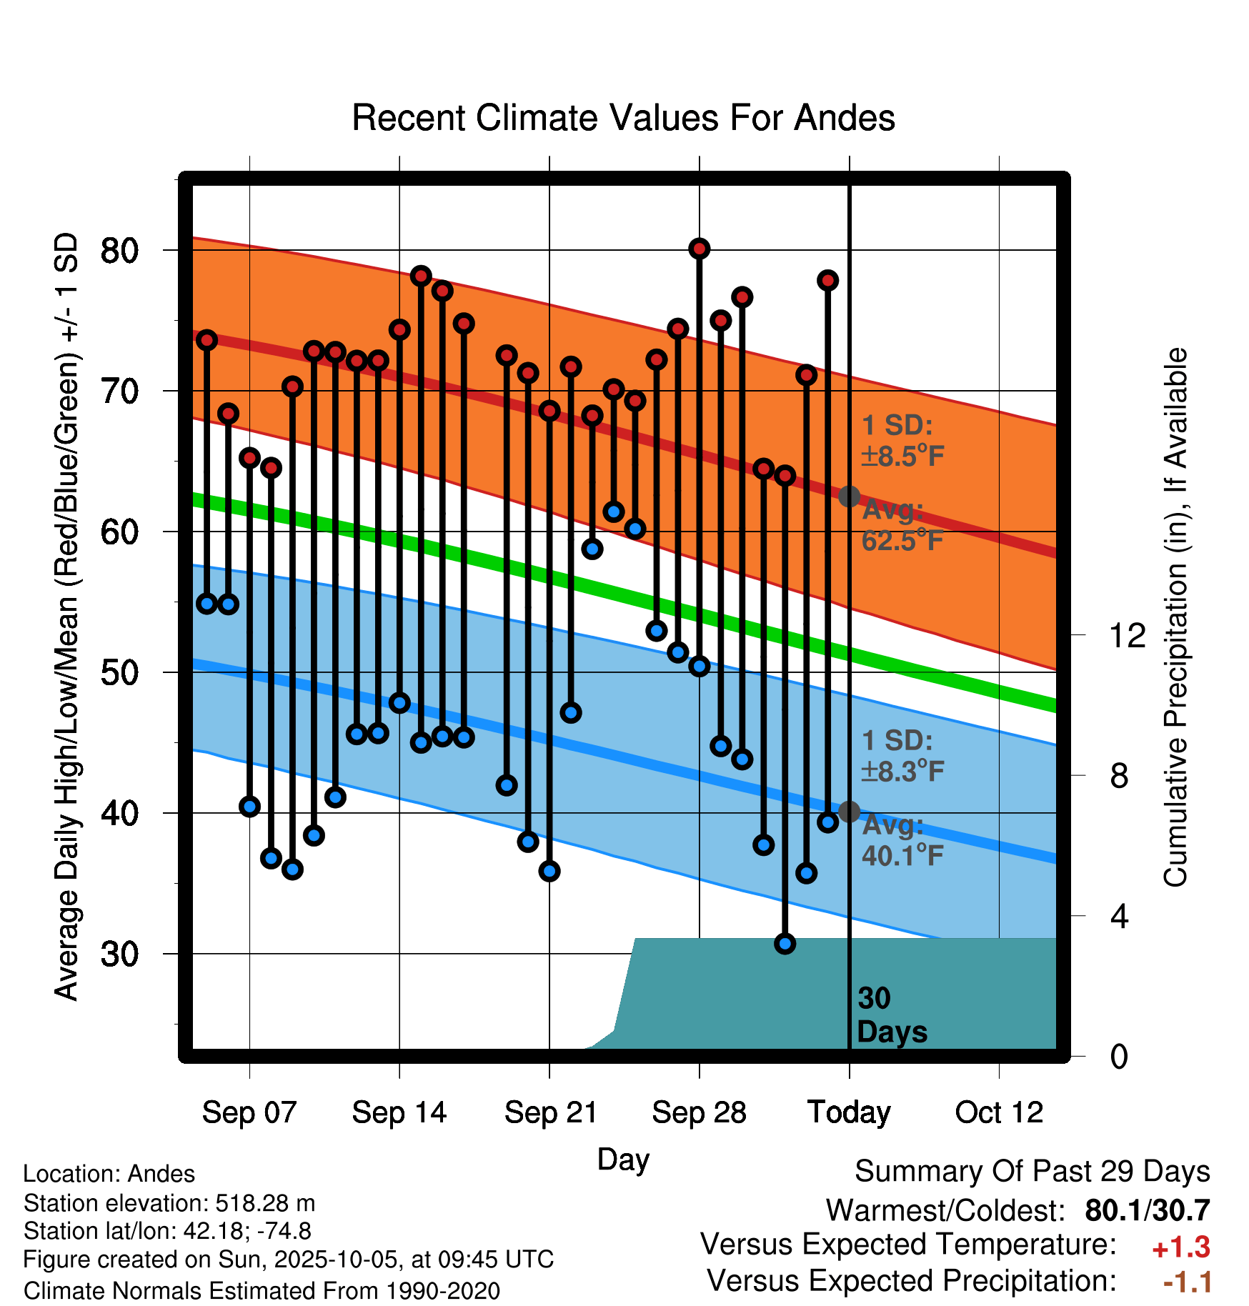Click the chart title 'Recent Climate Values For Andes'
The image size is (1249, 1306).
(623, 118)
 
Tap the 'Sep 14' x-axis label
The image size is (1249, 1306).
(399, 1112)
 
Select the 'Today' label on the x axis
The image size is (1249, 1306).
(849, 1112)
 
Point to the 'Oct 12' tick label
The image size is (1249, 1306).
(999, 1112)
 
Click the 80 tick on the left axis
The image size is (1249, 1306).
(119, 251)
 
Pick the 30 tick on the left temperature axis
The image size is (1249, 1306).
(119, 954)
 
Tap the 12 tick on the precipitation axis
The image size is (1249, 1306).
(1127, 635)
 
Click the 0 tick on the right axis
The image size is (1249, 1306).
(1119, 1057)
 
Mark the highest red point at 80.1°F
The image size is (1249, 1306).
(699, 249)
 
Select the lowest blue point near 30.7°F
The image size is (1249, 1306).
(785, 944)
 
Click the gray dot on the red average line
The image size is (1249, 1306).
(849, 496)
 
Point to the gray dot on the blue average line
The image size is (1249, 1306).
(849, 812)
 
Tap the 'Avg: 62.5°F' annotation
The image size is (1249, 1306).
(902, 526)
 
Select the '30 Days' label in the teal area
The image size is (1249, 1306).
(891, 1015)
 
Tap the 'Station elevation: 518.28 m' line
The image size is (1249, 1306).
(169, 1203)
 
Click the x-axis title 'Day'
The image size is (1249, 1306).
(623, 1159)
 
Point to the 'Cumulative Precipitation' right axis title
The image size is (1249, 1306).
(1175, 618)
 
